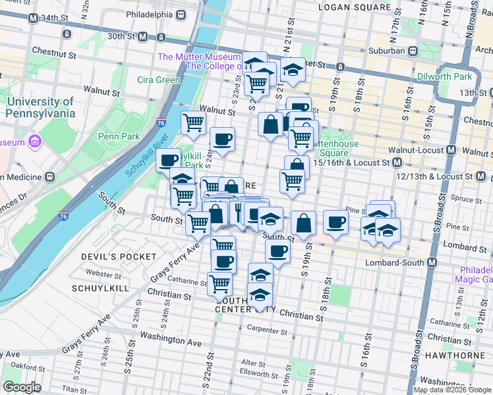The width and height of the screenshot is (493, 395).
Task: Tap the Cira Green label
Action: (158, 80)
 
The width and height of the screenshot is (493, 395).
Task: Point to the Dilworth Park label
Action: (445, 76)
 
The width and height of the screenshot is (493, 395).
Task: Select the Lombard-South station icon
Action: (432, 263)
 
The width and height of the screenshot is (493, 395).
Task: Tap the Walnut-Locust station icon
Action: (451, 150)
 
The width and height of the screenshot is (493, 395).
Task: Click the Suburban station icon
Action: (413, 50)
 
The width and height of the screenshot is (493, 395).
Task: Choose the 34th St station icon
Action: (32, 17)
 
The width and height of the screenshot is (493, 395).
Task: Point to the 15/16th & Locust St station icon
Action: (397, 162)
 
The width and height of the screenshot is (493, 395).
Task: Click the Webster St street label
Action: (104, 272)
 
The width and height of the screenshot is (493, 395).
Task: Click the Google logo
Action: (22, 387)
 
